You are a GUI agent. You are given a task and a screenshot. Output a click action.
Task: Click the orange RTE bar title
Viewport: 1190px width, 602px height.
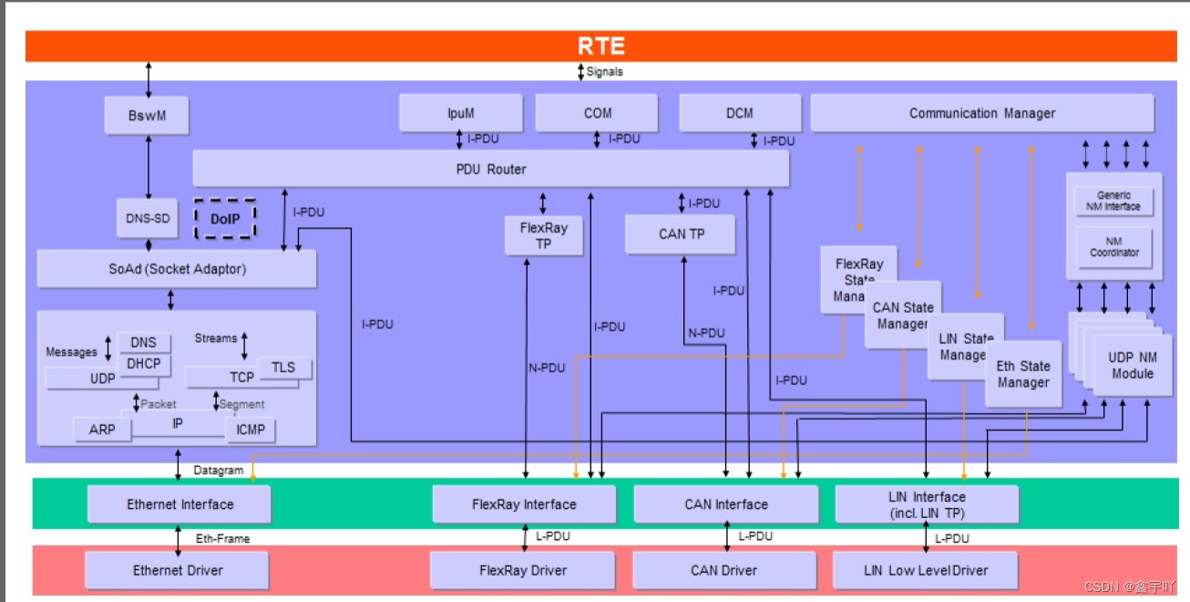point(601,47)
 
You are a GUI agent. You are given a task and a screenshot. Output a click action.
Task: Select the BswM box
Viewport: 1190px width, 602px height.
point(147,116)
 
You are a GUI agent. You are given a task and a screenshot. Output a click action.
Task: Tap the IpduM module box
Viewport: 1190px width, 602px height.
point(461,114)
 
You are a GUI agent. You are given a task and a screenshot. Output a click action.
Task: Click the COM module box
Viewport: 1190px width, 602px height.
point(597,114)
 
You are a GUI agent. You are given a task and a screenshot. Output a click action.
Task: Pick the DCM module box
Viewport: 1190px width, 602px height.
point(740,114)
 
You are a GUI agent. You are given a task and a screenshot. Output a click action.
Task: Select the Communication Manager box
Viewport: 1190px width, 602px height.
point(981,114)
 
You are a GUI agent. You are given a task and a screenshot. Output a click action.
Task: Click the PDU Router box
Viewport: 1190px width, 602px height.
point(490,169)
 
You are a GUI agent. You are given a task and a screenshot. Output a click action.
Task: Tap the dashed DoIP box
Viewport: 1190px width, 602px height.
point(223,219)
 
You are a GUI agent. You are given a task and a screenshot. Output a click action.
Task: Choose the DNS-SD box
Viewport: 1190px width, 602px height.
point(147,219)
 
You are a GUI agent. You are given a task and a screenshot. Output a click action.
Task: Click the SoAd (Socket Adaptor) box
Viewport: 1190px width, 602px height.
point(177,269)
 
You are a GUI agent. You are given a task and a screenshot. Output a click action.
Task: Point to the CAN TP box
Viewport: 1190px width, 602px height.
point(682,234)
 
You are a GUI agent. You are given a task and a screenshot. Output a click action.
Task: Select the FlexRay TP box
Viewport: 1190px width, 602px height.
point(543,235)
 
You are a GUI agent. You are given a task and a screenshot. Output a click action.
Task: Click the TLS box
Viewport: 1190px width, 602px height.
point(283,367)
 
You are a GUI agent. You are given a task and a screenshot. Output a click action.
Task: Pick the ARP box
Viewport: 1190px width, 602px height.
point(102,429)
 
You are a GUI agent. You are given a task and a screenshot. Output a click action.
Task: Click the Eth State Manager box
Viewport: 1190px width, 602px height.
point(1022,374)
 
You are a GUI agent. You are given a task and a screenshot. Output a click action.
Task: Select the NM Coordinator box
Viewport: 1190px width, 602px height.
point(1114,246)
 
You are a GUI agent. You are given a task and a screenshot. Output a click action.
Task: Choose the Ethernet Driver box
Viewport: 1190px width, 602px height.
point(178,570)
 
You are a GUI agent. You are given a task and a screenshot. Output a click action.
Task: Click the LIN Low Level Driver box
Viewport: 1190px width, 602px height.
point(925,570)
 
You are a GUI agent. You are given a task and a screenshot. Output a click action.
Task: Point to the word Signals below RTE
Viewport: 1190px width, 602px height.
point(604,71)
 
